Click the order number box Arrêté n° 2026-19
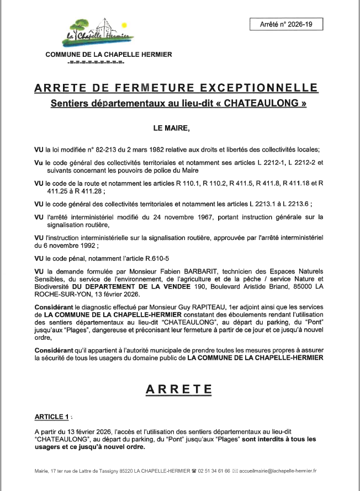[x=286, y=24]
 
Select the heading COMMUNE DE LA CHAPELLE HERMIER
[x=108, y=55]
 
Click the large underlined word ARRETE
[x=179, y=390]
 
